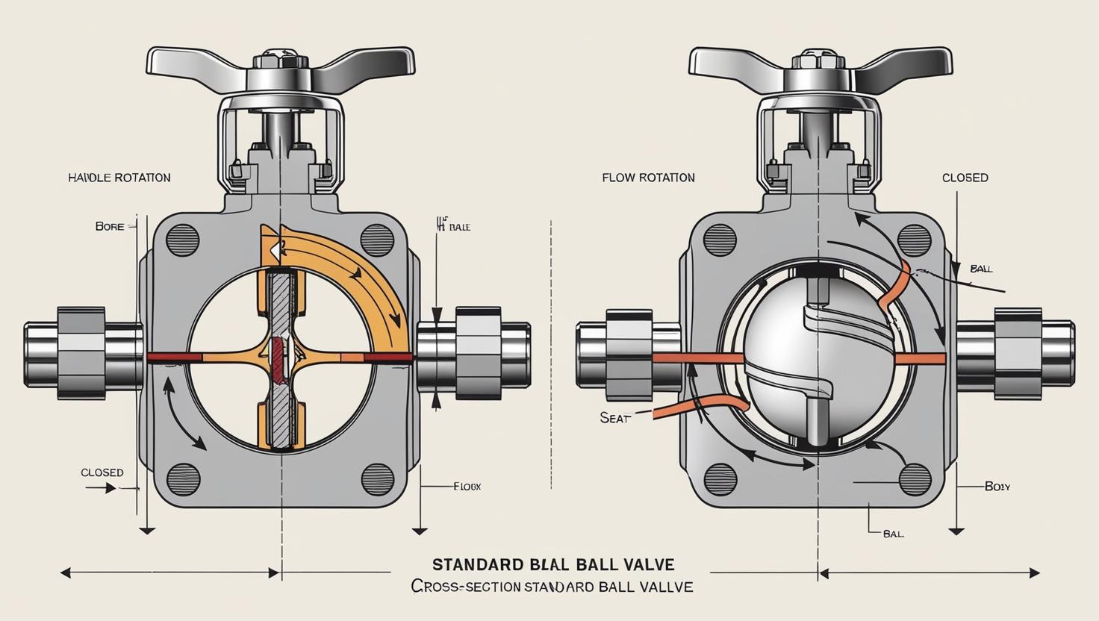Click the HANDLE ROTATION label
119,178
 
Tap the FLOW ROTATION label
648,178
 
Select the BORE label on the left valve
110,226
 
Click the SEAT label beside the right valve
614,419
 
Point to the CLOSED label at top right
965,178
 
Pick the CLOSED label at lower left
102,472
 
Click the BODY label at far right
997,486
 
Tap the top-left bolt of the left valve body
183,239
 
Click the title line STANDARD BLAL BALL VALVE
552,563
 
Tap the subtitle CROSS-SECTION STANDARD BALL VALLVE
552,587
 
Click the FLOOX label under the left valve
467,486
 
